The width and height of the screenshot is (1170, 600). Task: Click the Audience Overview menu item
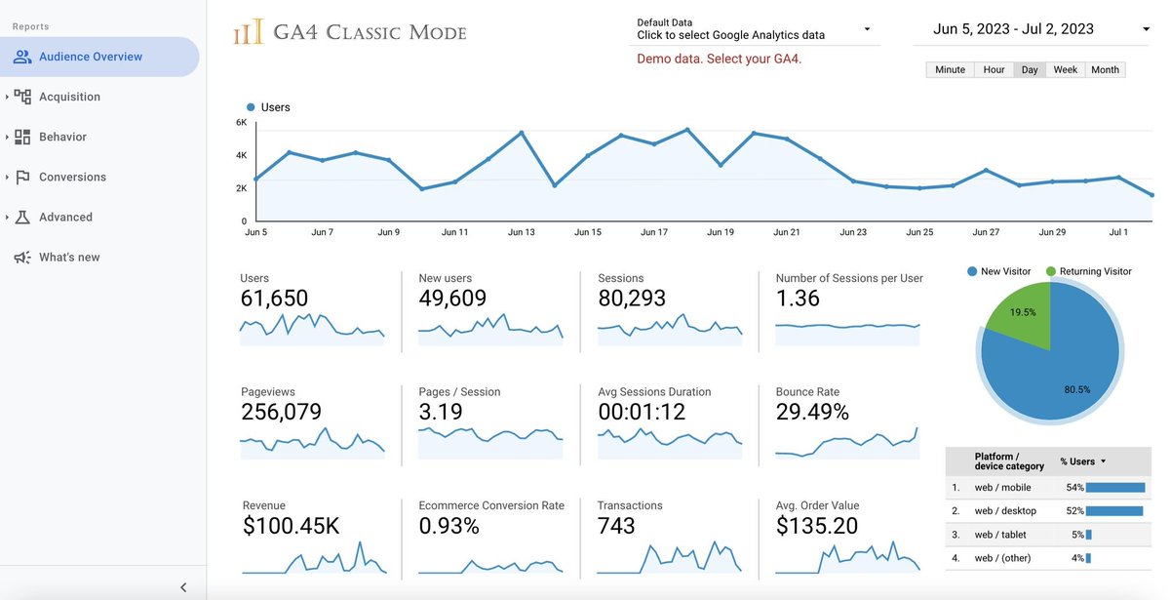click(x=90, y=57)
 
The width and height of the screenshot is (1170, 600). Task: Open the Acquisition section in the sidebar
click(x=69, y=97)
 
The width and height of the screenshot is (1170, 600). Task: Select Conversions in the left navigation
click(x=72, y=177)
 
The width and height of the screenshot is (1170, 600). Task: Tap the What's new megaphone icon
click(x=21, y=258)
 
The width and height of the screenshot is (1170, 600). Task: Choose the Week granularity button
click(x=1065, y=70)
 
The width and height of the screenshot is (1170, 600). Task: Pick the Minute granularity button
click(x=950, y=70)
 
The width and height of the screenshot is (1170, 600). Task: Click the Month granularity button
click(x=1105, y=70)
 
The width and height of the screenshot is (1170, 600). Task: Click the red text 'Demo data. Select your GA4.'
click(x=719, y=59)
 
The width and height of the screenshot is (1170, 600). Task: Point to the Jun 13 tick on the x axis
click(x=522, y=232)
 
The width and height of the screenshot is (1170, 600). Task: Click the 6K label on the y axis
click(x=241, y=123)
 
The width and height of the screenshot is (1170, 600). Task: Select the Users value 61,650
click(x=274, y=299)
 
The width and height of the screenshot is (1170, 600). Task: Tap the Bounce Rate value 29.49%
click(x=812, y=413)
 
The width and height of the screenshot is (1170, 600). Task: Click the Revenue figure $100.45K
click(x=291, y=527)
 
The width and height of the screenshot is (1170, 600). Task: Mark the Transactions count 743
click(x=616, y=527)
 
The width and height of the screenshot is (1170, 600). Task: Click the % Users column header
click(x=1082, y=461)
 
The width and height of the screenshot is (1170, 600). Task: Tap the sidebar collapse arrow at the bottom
click(x=183, y=587)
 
